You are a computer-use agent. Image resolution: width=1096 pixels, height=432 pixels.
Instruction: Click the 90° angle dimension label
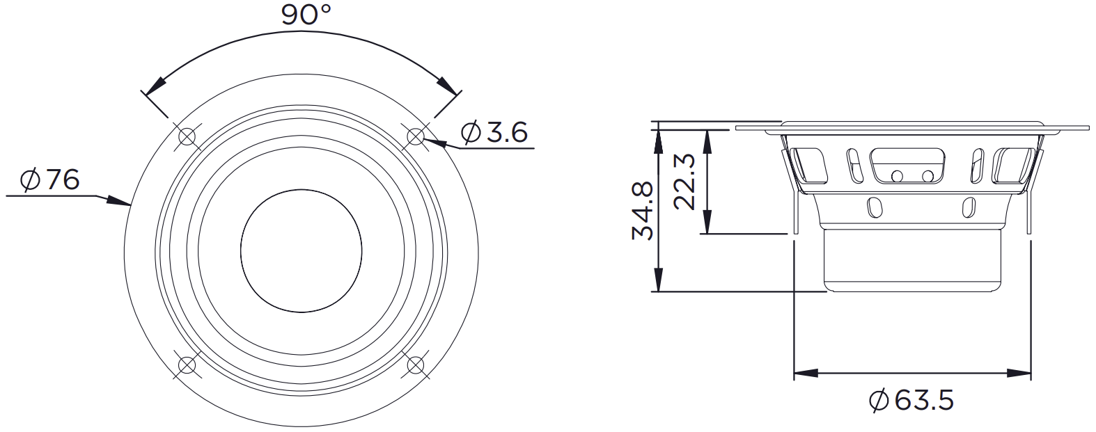(306, 14)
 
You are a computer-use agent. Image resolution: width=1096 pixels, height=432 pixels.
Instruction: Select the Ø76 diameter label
(50, 181)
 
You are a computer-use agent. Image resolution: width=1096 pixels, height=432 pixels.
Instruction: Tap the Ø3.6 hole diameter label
(494, 131)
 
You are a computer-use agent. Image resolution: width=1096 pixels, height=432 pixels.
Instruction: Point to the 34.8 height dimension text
(642, 211)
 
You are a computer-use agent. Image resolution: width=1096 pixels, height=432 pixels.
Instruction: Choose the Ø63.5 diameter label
(911, 400)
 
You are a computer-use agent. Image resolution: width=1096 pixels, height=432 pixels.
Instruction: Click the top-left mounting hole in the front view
(187, 136)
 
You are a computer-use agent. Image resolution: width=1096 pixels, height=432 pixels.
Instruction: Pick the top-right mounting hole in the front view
(416, 135)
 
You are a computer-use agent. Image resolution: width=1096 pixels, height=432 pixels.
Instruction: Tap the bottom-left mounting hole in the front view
(187, 365)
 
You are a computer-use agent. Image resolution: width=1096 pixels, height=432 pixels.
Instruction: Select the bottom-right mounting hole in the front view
(416, 365)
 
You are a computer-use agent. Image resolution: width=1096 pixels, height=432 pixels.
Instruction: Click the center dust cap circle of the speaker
(301, 250)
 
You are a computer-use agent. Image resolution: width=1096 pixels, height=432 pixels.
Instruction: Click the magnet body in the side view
(913, 257)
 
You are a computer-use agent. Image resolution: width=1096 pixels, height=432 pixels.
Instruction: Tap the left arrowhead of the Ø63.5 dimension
(804, 374)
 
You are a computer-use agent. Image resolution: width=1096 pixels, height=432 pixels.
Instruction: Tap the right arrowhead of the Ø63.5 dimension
(1021, 374)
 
